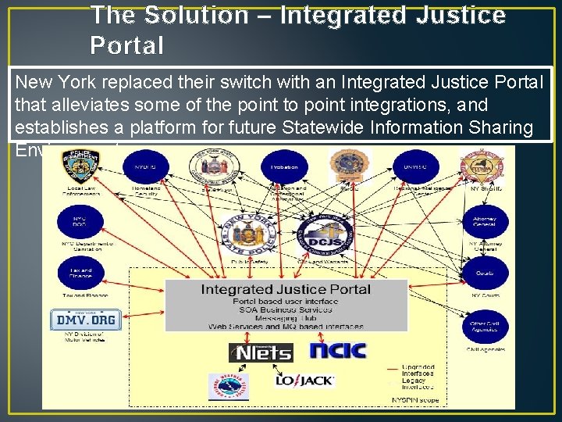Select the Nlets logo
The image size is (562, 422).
click(261, 352)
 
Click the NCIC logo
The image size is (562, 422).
click(338, 349)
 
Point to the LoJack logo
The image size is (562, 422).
click(304, 381)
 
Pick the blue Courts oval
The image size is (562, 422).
click(485, 274)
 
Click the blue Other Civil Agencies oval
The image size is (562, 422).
click(485, 326)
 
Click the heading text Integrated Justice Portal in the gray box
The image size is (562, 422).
click(286, 290)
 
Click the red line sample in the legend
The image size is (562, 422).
click(390, 367)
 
